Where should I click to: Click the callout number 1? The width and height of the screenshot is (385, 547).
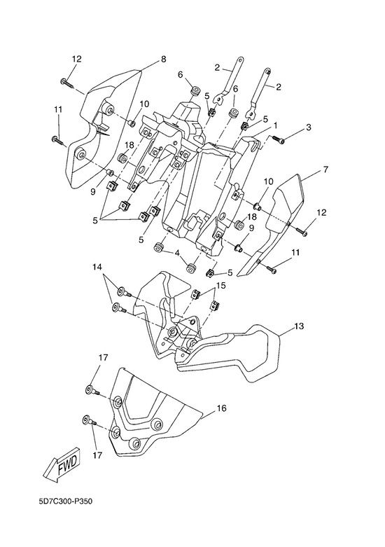[276, 125]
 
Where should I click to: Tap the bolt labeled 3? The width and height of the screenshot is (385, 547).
[279, 139]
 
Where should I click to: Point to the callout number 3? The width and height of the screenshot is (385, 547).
[308, 127]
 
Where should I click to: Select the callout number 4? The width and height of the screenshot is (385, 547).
[177, 252]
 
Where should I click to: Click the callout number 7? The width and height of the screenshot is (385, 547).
[325, 170]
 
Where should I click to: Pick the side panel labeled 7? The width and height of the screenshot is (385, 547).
[274, 225]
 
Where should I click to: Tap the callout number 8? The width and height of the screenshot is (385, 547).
[164, 60]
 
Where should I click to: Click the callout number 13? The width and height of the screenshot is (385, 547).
[299, 326]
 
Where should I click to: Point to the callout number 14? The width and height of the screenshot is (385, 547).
[97, 268]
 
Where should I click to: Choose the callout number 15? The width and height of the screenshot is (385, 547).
[220, 286]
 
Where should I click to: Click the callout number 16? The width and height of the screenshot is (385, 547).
[221, 408]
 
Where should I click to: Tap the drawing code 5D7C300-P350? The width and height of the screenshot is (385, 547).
[66, 501]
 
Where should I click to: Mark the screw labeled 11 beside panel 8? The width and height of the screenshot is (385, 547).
[58, 141]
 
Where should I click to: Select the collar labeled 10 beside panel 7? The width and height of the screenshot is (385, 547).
[257, 207]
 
